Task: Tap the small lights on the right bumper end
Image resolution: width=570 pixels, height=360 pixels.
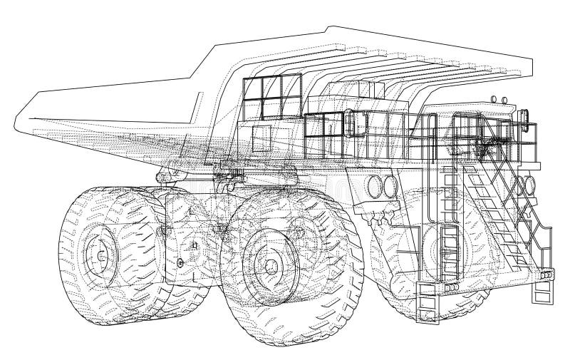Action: coord(546,275)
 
